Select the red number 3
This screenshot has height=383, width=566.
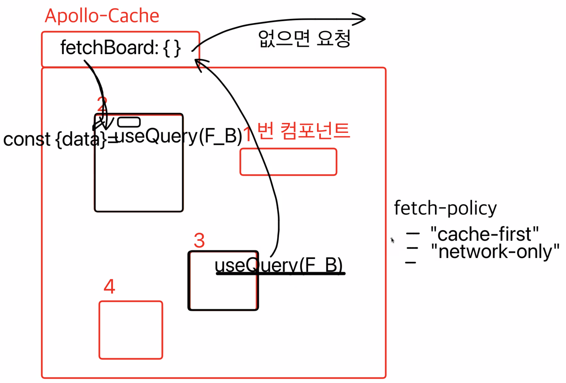[x=199, y=240]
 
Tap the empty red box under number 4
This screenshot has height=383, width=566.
[x=131, y=330]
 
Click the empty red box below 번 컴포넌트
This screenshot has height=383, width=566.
[x=288, y=162]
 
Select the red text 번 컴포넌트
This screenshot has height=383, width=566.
[x=303, y=131]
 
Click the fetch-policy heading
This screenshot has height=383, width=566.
[x=445, y=208]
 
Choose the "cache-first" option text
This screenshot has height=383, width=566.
[x=484, y=234]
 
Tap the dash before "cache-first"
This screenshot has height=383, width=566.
[x=413, y=234]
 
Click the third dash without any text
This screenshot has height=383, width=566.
[x=411, y=262]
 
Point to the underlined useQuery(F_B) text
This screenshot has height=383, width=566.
[x=278, y=265]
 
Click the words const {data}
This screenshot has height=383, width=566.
[x=54, y=139]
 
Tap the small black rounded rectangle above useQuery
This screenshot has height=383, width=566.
[x=129, y=122]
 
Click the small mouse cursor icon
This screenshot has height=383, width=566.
[x=392, y=240]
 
